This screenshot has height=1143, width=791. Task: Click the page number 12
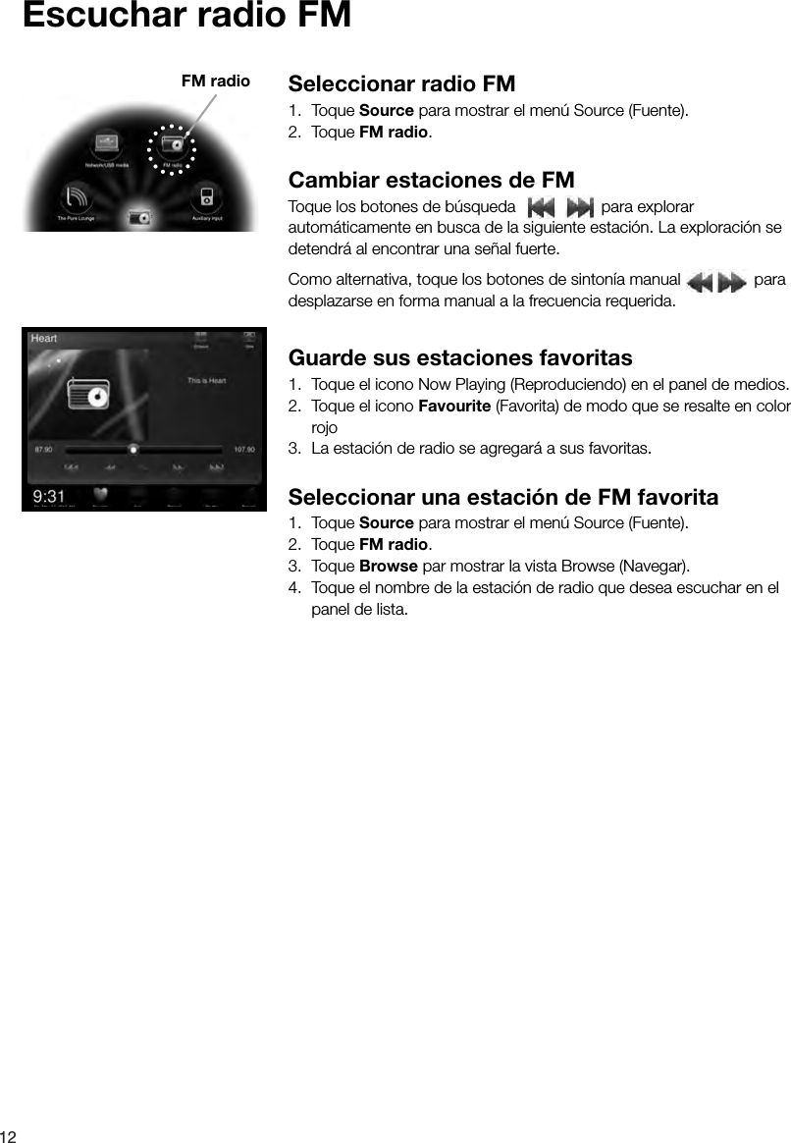point(10,1134)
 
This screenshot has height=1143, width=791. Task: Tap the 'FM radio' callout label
point(216,81)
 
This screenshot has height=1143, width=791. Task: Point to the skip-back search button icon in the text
point(541,208)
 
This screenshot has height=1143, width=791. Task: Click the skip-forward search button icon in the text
point(580,208)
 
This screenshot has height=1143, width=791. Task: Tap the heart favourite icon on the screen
point(100,495)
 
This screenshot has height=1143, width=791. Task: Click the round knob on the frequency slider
point(133,450)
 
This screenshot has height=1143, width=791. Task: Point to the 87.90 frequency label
point(44,450)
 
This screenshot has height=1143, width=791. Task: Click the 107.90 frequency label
point(244,450)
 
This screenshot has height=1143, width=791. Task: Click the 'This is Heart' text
point(207,381)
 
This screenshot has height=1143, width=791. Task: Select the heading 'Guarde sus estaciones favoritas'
point(460,356)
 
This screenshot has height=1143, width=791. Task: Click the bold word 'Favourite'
point(454,408)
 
